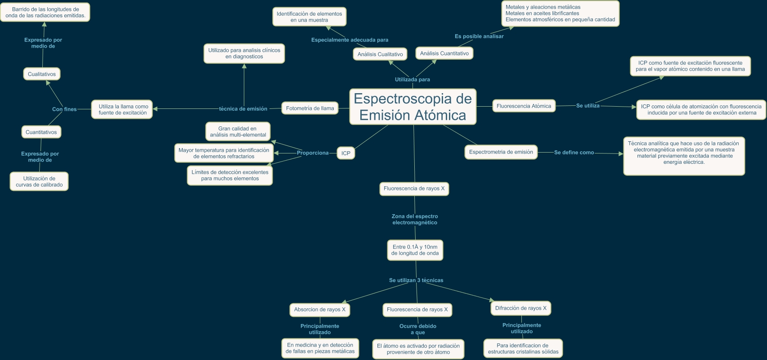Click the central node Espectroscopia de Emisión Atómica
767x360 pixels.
click(413, 107)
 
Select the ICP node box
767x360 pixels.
click(345, 153)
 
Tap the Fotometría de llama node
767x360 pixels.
click(310, 108)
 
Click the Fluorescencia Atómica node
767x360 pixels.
click(524, 106)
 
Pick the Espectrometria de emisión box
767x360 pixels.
click(501, 152)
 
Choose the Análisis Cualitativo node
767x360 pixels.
click(380, 54)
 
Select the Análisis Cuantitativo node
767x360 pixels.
click(444, 53)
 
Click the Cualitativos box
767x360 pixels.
click(42, 74)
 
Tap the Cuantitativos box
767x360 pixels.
click(41, 132)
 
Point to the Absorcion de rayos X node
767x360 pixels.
click(320, 310)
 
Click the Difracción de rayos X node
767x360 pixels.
click(520, 308)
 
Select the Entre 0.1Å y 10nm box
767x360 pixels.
click(415, 250)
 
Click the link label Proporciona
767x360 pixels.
click(313, 153)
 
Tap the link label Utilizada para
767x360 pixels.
click(412, 80)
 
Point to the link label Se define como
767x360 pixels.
click(574, 153)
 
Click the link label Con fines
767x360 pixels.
click(64, 109)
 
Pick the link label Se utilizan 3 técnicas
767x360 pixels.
click(416, 280)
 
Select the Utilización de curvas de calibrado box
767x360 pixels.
click(39, 181)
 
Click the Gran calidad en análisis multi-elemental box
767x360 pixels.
click(238, 131)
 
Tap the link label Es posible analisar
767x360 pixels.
click(479, 36)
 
